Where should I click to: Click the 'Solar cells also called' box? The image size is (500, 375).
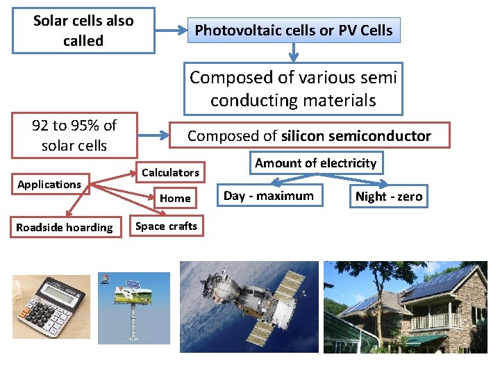click(x=83, y=31)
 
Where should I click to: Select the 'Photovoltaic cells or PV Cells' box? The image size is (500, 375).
click(x=293, y=31)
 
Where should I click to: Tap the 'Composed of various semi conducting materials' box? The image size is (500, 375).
click(x=293, y=89)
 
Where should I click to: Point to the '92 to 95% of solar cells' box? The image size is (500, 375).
click(x=74, y=135)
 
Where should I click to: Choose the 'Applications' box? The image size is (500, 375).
click(x=49, y=184)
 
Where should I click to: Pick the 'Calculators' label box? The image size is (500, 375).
click(x=170, y=172)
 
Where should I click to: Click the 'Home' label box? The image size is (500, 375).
click(x=175, y=199)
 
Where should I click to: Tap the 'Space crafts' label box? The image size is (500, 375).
click(x=166, y=226)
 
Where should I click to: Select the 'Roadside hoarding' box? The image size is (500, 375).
click(x=64, y=227)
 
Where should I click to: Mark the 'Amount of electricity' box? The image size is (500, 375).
click(x=315, y=163)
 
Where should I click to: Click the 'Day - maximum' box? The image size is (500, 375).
click(x=268, y=196)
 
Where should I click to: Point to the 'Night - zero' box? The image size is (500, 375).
click(x=388, y=197)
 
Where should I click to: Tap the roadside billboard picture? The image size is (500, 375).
click(x=133, y=308)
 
